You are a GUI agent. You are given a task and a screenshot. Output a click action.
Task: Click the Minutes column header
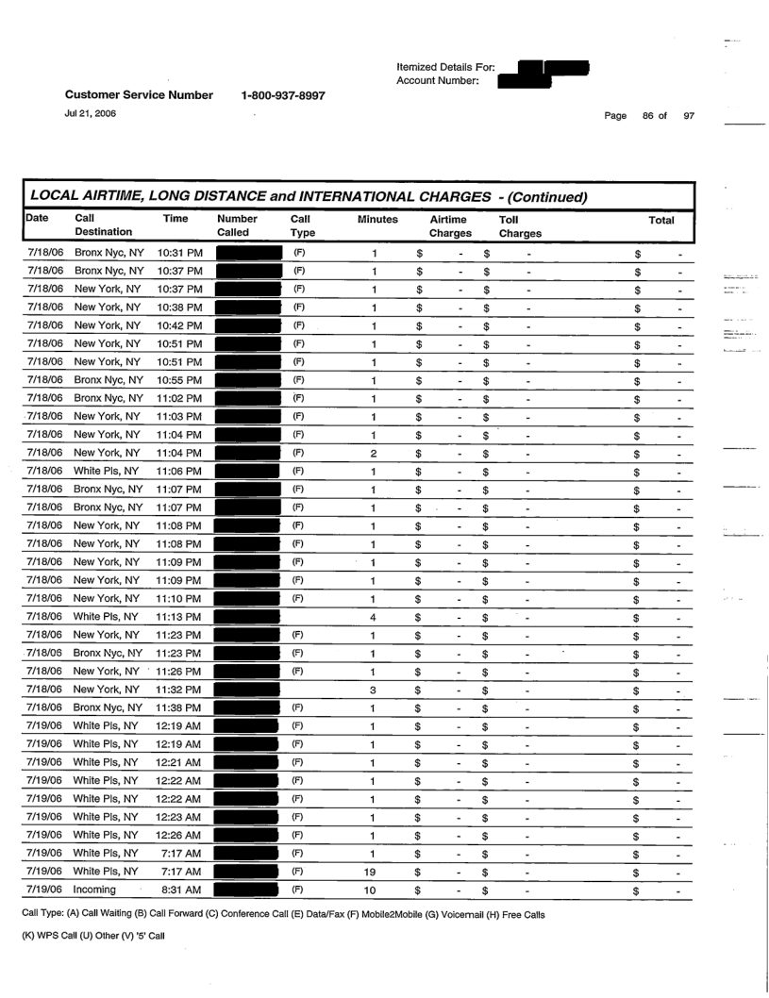(x=376, y=219)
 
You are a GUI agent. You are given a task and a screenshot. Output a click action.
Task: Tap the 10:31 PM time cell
(x=177, y=255)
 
